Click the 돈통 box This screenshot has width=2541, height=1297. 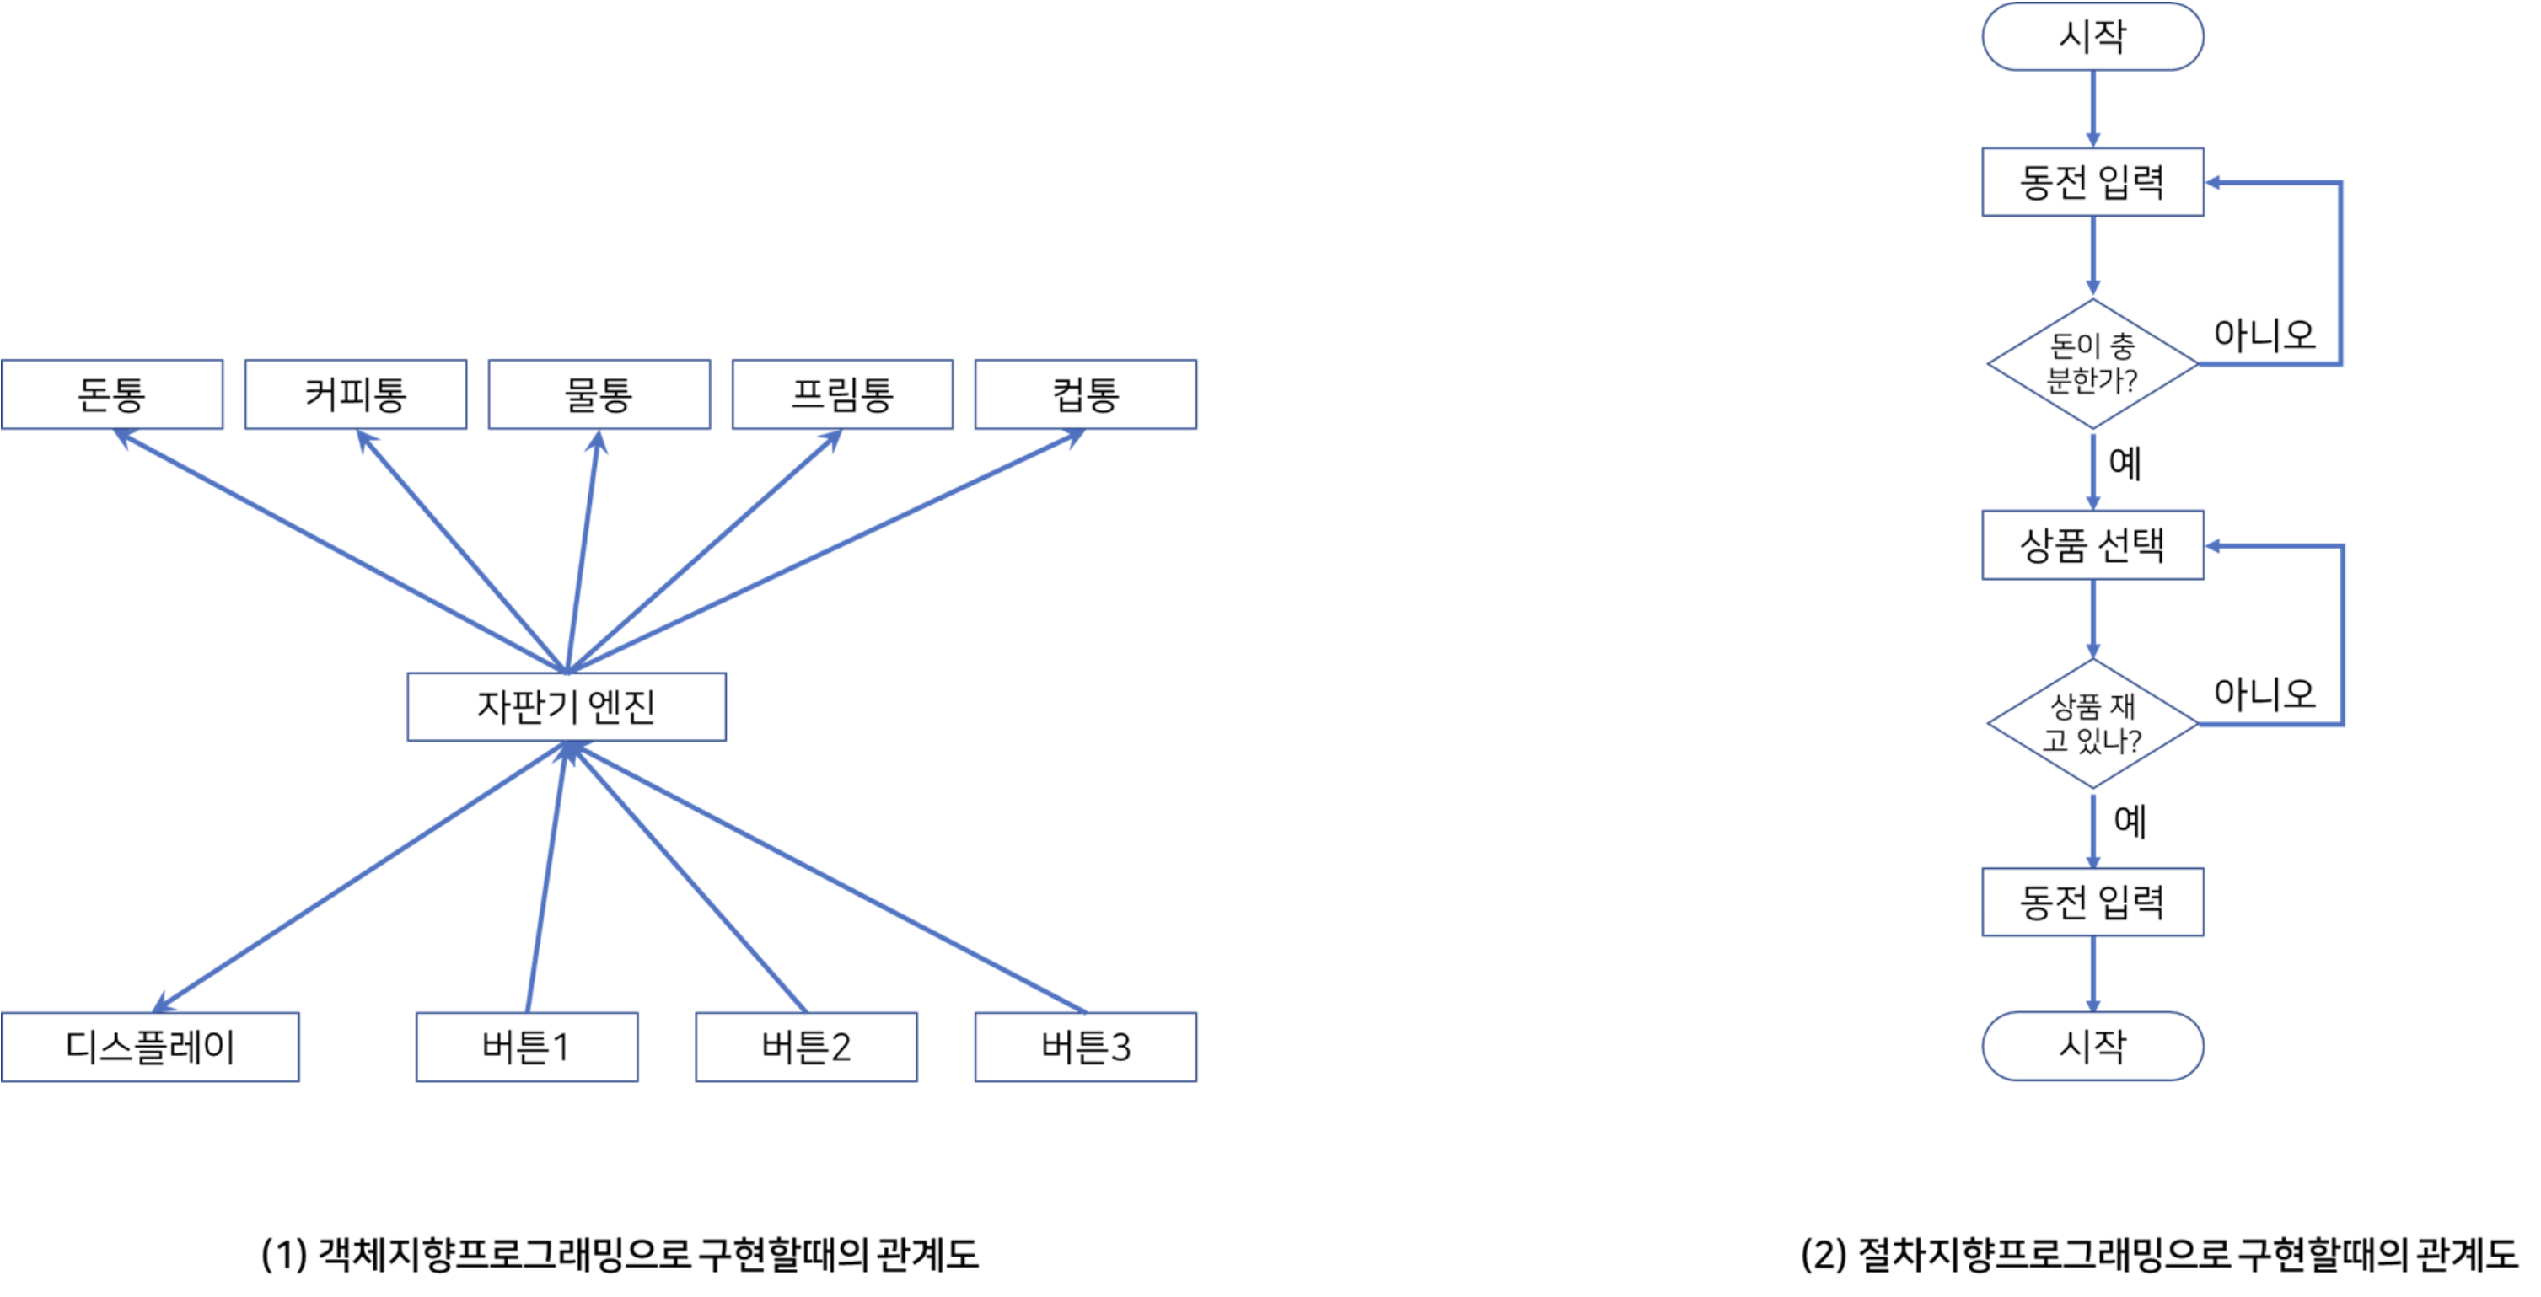(112, 394)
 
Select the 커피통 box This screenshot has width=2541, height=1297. (356, 394)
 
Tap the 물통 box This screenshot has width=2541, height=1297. (599, 394)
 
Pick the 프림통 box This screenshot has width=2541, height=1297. (843, 394)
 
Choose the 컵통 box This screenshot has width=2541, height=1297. (1086, 394)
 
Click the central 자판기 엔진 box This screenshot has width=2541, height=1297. (567, 707)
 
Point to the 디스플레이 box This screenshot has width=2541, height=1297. (151, 1048)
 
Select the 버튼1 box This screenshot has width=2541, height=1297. (528, 1048)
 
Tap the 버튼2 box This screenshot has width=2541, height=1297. (807, 1048)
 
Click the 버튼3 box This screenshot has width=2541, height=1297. (1086, 1048)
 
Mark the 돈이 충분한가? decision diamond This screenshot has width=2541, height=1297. (2093, 364)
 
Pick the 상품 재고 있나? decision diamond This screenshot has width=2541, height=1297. (2093, 724)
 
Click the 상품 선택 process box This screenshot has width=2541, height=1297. (2093, 545)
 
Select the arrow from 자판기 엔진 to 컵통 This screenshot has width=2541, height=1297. (826, 551)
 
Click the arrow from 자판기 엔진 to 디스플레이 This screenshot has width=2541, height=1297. (360, 876)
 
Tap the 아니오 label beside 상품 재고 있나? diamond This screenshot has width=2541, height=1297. (2264, 694)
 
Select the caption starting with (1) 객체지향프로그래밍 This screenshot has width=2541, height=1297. (620, 1255)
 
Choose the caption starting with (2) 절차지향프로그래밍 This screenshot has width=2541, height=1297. (2159, 1255)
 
